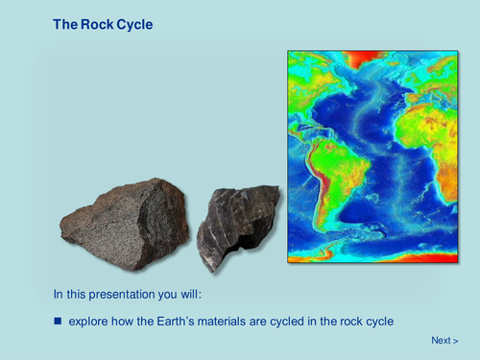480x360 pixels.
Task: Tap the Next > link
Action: pos(444,340)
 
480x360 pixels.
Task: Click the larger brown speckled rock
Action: pos(125,224)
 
